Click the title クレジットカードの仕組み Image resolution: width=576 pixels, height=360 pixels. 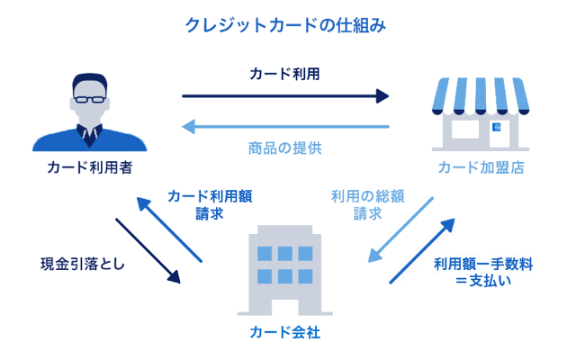[x=285, y=24]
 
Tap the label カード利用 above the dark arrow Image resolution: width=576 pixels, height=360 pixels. [x=285, y=74]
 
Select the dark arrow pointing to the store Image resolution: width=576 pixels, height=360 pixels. [x=285, y=95]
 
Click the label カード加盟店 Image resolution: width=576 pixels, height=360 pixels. [x=481, y=167]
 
